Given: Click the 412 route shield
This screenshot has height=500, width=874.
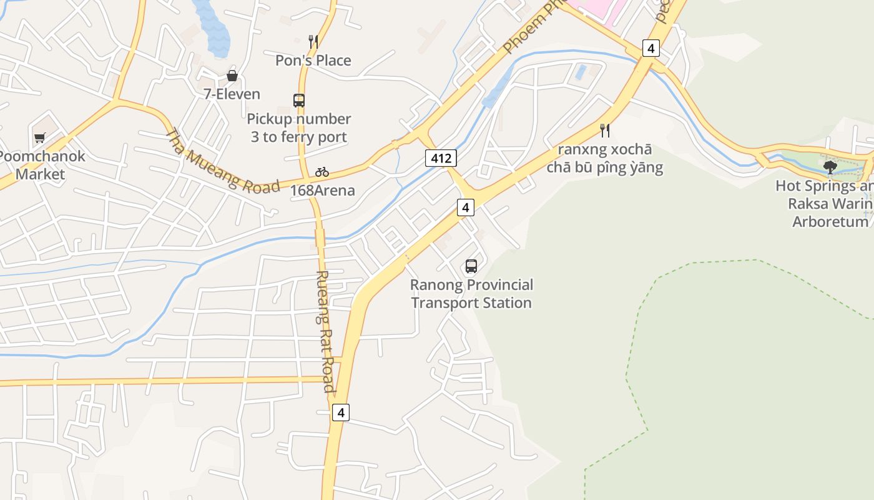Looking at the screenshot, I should (441, 158).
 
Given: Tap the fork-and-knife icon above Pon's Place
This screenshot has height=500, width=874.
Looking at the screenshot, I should (313, 42).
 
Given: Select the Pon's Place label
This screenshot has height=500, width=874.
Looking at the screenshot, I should (313, 61).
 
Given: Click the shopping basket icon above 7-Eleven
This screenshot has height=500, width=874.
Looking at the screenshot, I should (232, 76).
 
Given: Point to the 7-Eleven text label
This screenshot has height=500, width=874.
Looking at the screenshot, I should (232, 94).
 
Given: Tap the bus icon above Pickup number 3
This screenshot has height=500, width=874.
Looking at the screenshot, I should (299, 100).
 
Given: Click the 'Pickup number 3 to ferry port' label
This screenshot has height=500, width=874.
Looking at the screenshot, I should (299, 127).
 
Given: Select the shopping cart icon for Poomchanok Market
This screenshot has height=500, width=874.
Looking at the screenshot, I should (40, 137).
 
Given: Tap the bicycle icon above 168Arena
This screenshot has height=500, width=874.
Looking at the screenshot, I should (322, 172).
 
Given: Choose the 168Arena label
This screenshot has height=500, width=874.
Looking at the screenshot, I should (322, 191).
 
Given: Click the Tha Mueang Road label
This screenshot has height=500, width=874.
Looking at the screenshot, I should (222, 161).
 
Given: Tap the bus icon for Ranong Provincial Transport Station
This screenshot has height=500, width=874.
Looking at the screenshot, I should (471, 266).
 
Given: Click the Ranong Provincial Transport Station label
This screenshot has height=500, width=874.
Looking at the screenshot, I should (471, 294).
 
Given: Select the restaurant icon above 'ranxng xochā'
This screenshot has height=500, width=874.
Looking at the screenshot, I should (604, 130).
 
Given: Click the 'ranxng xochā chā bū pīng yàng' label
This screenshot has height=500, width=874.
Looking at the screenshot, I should (604, 159).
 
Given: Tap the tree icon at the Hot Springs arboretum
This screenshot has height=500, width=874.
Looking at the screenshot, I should (830, 167).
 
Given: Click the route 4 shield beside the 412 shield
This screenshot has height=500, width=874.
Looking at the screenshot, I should (465, 207).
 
